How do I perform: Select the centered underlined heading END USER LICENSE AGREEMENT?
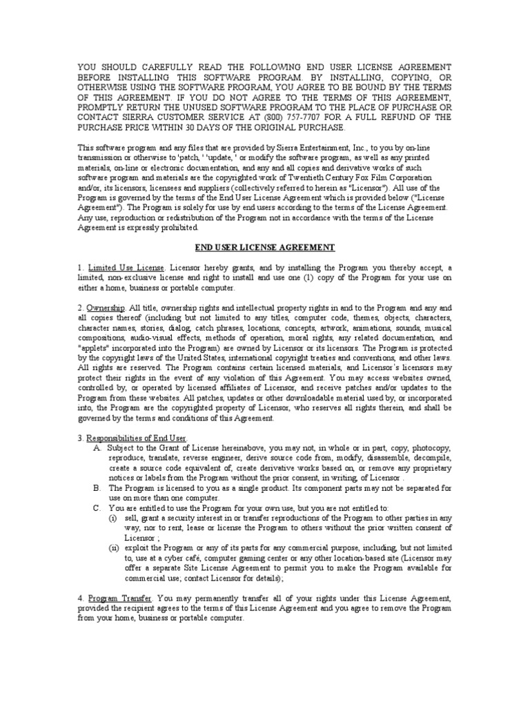click(265, 247)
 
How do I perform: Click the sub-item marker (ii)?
click(115, 548)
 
